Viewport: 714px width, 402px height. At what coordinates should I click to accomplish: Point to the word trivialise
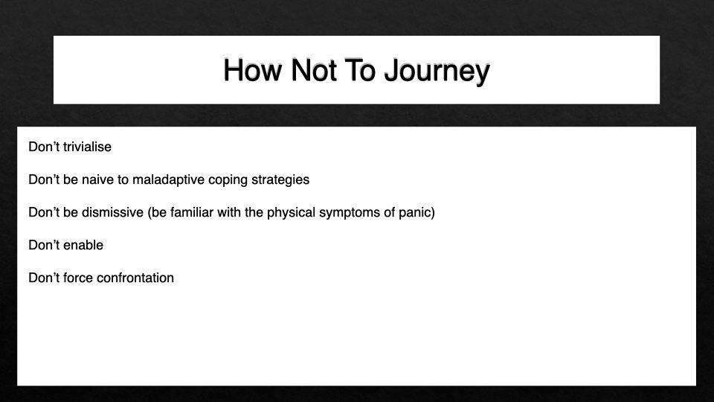pyautogui.click(x=88, y=147)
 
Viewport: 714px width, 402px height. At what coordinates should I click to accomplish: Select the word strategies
pyautogui.click(x=282, y=179)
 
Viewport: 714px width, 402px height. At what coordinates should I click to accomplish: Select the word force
pyautogui.click(x=79, y=278)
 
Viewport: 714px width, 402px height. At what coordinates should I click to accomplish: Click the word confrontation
pyautogui.click(x=135, y=278)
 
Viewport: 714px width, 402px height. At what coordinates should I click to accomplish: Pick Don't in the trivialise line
pyautogui.click(x=44, y=147)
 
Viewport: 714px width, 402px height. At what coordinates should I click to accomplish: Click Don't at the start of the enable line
pyautogui.click(x=44, y=245)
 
